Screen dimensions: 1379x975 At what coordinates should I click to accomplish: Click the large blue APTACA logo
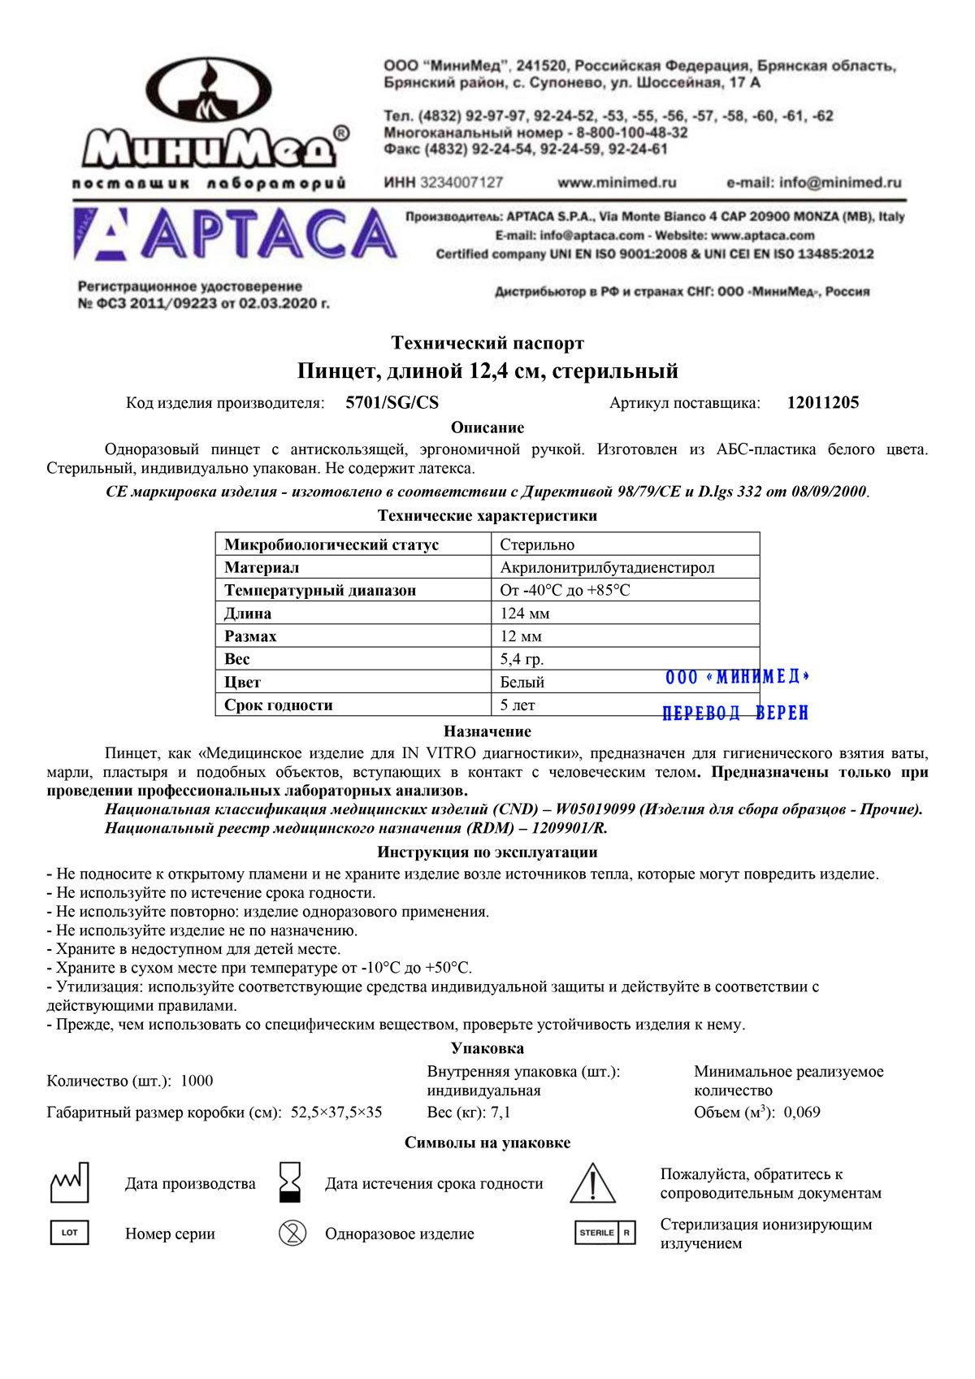[236, 235]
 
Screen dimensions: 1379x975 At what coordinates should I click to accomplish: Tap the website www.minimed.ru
[617, 183]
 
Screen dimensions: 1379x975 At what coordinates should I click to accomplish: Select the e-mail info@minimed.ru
[813, 183]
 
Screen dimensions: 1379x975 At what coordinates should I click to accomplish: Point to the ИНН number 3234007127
[461, 183]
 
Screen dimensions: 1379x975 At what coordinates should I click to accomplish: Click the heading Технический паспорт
[487, 343]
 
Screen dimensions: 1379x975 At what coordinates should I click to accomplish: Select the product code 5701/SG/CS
[392, 403]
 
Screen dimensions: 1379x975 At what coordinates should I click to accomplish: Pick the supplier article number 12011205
[822, 403]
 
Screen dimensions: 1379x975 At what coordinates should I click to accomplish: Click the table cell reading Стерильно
[537, 544]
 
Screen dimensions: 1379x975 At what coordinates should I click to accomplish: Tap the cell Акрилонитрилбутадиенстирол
[607, 567]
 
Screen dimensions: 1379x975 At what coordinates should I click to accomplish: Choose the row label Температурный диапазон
[320, 591]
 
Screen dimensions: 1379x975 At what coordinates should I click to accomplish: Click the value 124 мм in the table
[525, 614]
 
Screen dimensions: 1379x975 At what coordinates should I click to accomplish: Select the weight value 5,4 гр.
[522, 659]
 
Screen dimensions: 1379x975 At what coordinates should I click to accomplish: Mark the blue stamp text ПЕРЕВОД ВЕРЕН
[735, 713]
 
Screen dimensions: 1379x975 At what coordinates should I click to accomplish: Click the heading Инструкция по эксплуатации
[487, 852]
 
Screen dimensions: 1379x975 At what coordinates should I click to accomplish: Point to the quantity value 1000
[197, 1081]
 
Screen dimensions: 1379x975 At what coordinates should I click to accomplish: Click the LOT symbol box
[70, 1233]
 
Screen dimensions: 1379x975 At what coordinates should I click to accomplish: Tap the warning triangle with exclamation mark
[593, 1183]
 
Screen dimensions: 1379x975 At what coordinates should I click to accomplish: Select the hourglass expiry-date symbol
[290, 1182]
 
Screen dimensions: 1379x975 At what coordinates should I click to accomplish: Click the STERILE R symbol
[604, 1233]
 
